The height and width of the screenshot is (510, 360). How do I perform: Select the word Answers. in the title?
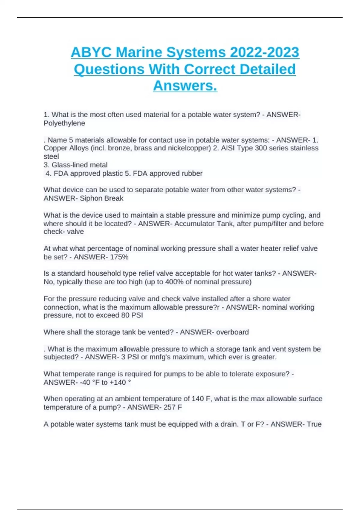click(185, 86)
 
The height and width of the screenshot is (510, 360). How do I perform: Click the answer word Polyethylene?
click(64, 123)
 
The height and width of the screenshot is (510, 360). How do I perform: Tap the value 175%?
click(119, 257)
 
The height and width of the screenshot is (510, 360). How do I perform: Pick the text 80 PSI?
click(132, 315)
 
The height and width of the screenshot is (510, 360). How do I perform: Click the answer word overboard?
click(232, 332)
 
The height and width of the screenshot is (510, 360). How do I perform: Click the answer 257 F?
click(172, 407)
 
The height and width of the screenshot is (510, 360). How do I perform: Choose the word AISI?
click(228, 148)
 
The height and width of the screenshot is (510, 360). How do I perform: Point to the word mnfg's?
click(163, 357)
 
